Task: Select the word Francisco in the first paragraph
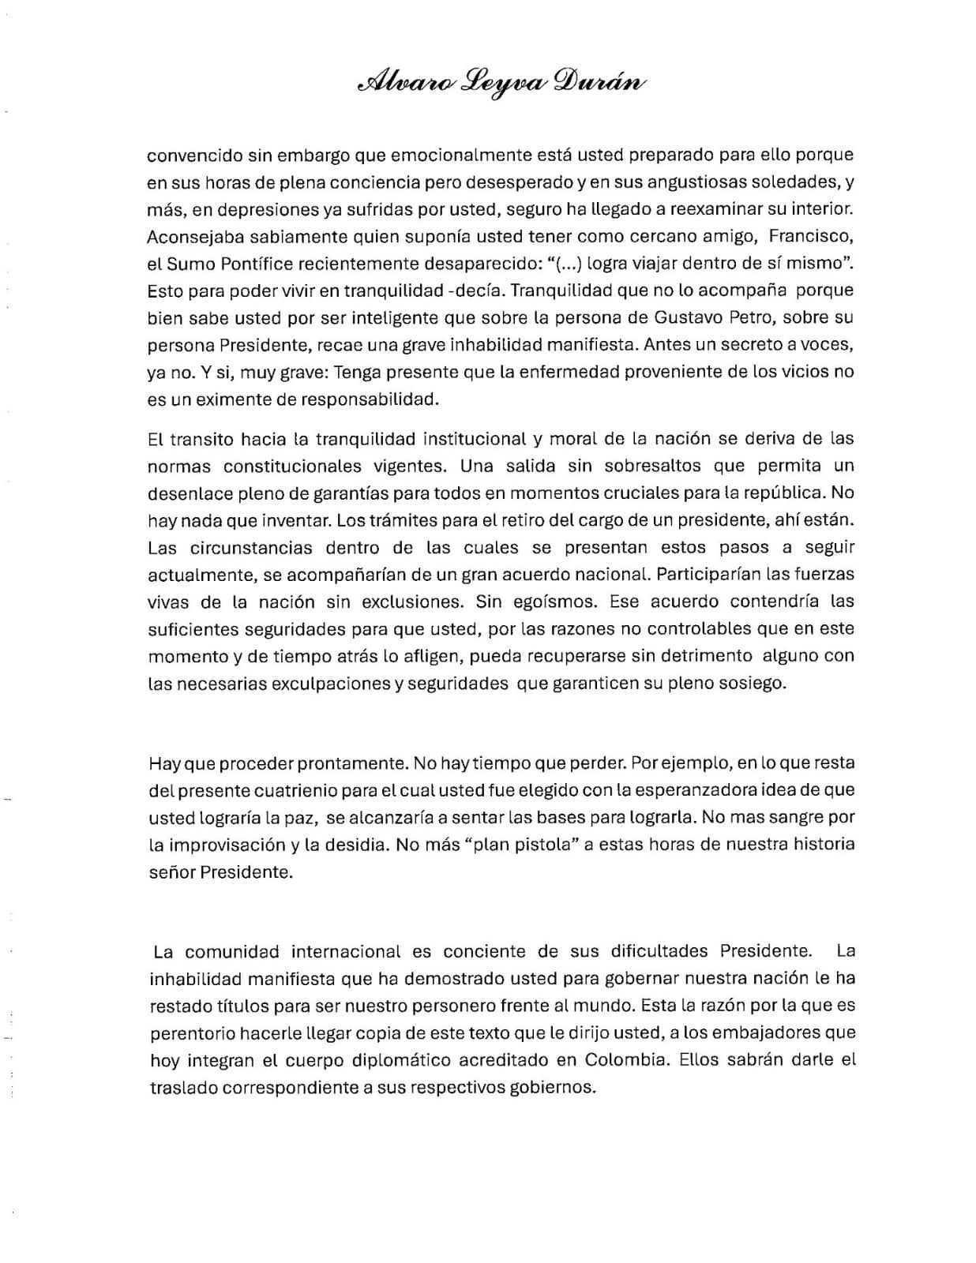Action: (811, 236)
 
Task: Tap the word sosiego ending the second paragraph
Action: (756, 684)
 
